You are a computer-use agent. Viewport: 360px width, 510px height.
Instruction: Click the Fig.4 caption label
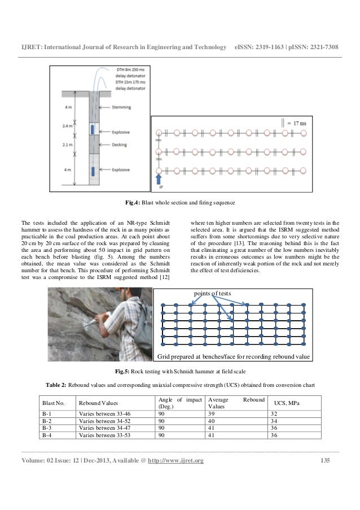[133, 203]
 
